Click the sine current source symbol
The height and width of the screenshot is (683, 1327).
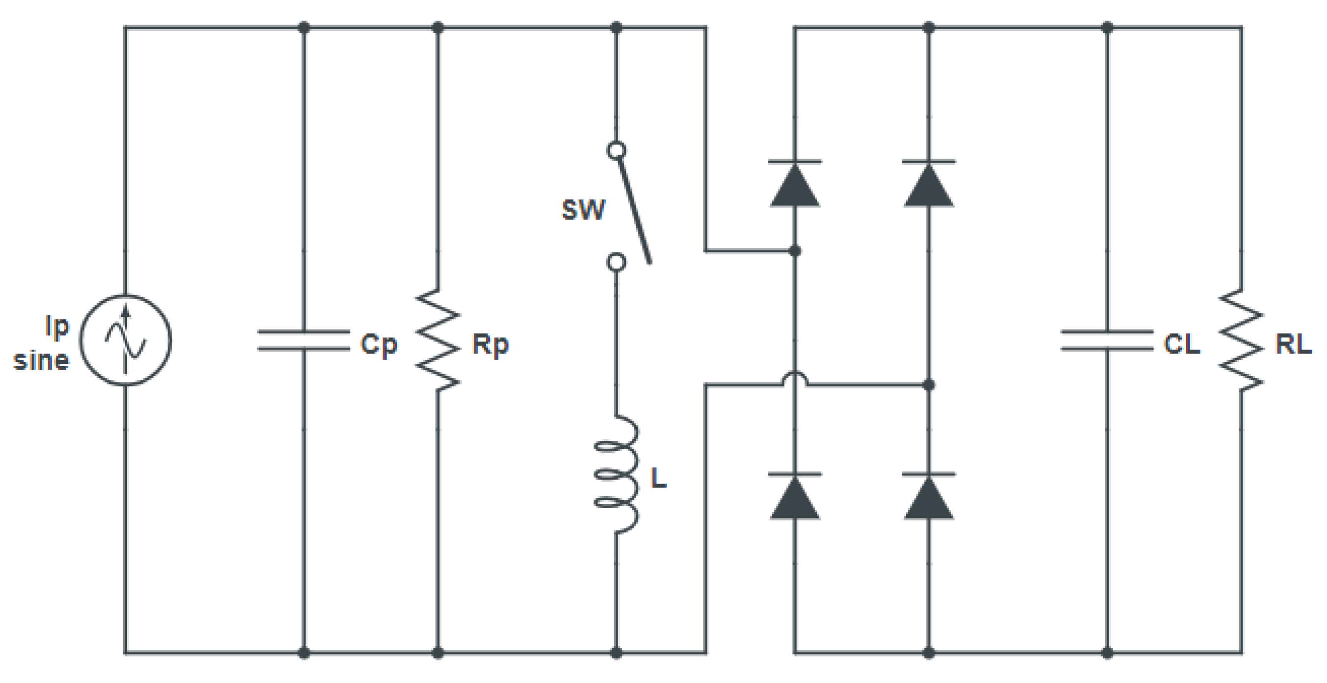tap(125, 340)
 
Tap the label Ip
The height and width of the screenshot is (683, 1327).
tap(57, 327)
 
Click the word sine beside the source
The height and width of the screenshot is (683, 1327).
tap(41, 360)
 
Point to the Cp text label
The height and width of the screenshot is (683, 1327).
tap(379, 344)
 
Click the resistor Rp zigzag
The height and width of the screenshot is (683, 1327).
tap(438, 340)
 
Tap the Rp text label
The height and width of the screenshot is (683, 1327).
tap(490, 344)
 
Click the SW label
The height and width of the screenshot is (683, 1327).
tap(583, 210)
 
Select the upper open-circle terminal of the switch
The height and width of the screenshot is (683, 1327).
tap(617, 151)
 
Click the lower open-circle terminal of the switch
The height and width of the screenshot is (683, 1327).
tap(617, 262)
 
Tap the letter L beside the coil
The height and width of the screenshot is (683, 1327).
tap(658, 478)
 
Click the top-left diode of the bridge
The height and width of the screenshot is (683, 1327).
tap(795, 184)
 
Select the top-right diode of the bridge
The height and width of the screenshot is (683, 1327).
tap(929, 184)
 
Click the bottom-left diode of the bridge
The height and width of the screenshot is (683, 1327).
tap(795, 496)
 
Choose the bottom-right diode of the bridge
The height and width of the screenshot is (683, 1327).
tap(929, 496)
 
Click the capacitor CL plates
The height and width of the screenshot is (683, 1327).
tap(1107, 341)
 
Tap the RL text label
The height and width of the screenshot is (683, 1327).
tap(1293, 344)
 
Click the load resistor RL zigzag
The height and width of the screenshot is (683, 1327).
tap(1241, 340)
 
